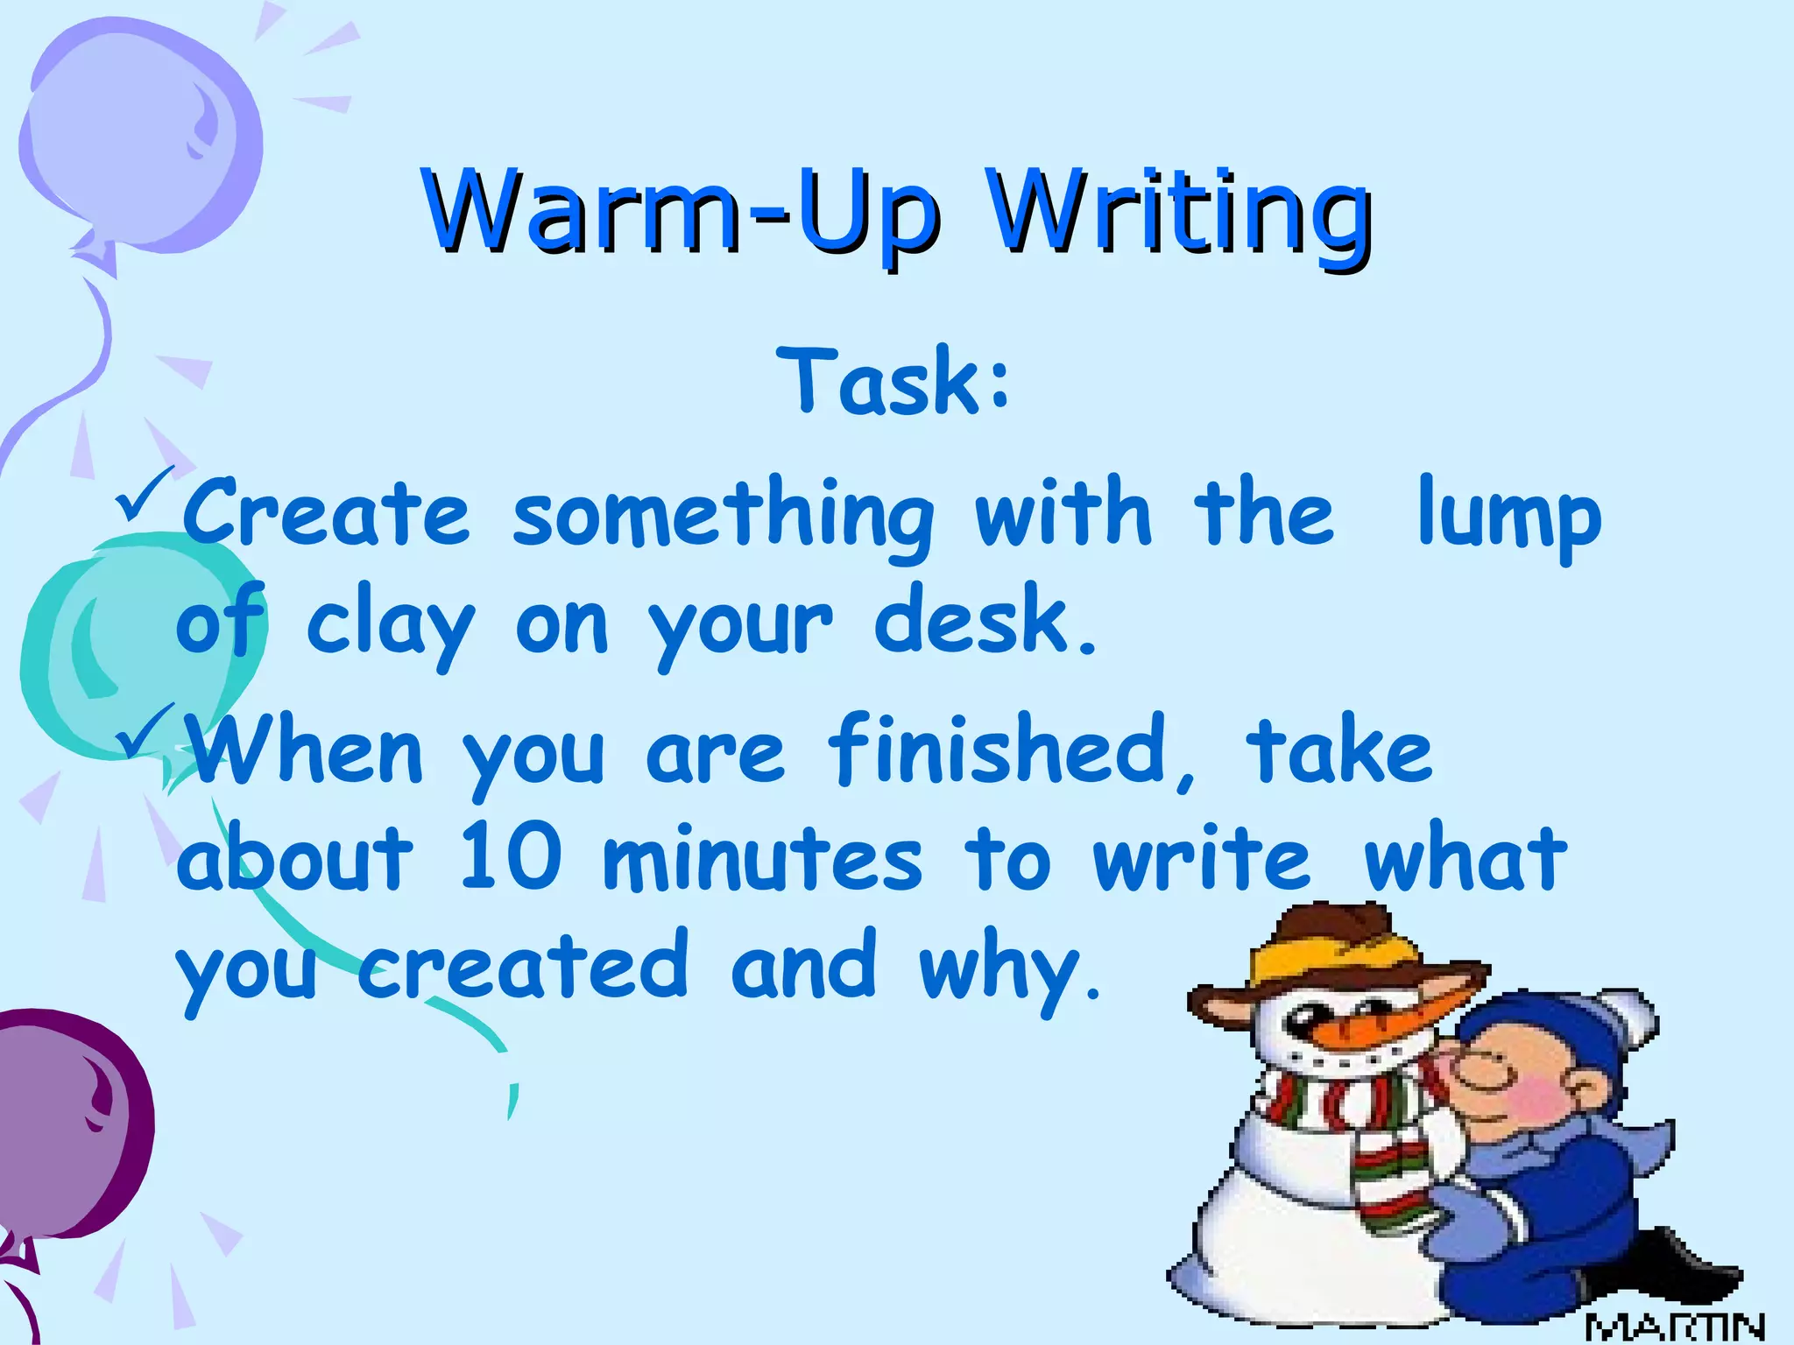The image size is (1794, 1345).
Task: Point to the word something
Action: (723, 517)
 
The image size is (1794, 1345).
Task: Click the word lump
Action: (1508, 517)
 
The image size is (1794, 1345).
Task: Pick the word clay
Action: (390, 623)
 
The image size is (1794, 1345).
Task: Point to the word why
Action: (1007, 968)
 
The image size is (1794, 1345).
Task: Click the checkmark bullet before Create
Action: (145, 495)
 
